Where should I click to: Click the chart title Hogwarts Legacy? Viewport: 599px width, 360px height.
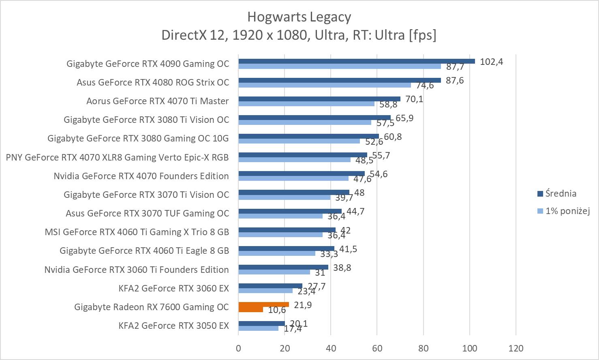tap(299, 17)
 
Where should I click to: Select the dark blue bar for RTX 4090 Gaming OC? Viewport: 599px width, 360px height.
tap(357, 61)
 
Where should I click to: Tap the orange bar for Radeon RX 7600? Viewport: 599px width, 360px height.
tap(263, 304)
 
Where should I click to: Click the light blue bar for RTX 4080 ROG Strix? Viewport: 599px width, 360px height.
tap(325, 85)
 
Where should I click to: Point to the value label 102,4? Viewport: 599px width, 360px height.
tap(491, 62)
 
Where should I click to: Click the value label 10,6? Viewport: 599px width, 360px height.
tap(277, 310)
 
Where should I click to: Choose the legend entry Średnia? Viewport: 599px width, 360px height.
tap(560, 193)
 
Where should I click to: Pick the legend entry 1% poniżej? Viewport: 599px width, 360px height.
tap(567, 211)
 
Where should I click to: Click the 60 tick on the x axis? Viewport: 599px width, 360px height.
tap(377, 348)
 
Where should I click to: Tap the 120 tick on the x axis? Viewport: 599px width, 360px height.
tap(516, 348)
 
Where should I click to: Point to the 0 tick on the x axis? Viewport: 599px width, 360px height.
tap(238, 348)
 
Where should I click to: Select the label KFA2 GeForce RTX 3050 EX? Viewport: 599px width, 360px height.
tap(173, 326)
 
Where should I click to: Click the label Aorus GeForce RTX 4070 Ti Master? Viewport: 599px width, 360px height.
tap(157, 101)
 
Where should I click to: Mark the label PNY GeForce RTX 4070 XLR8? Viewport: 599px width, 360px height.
tap(117, 157)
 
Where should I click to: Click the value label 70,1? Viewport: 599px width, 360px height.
tap(414, 99)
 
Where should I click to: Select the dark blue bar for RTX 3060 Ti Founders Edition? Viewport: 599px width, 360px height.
tap(283, 267)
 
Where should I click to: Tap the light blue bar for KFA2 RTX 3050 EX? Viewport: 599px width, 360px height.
tap(258, 328)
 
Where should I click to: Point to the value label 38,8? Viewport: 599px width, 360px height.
tap(342, 268)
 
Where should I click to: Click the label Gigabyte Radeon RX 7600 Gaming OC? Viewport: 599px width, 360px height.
tap(152, 307)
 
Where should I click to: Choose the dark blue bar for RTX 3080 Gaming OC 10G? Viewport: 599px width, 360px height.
tap(308, 136)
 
